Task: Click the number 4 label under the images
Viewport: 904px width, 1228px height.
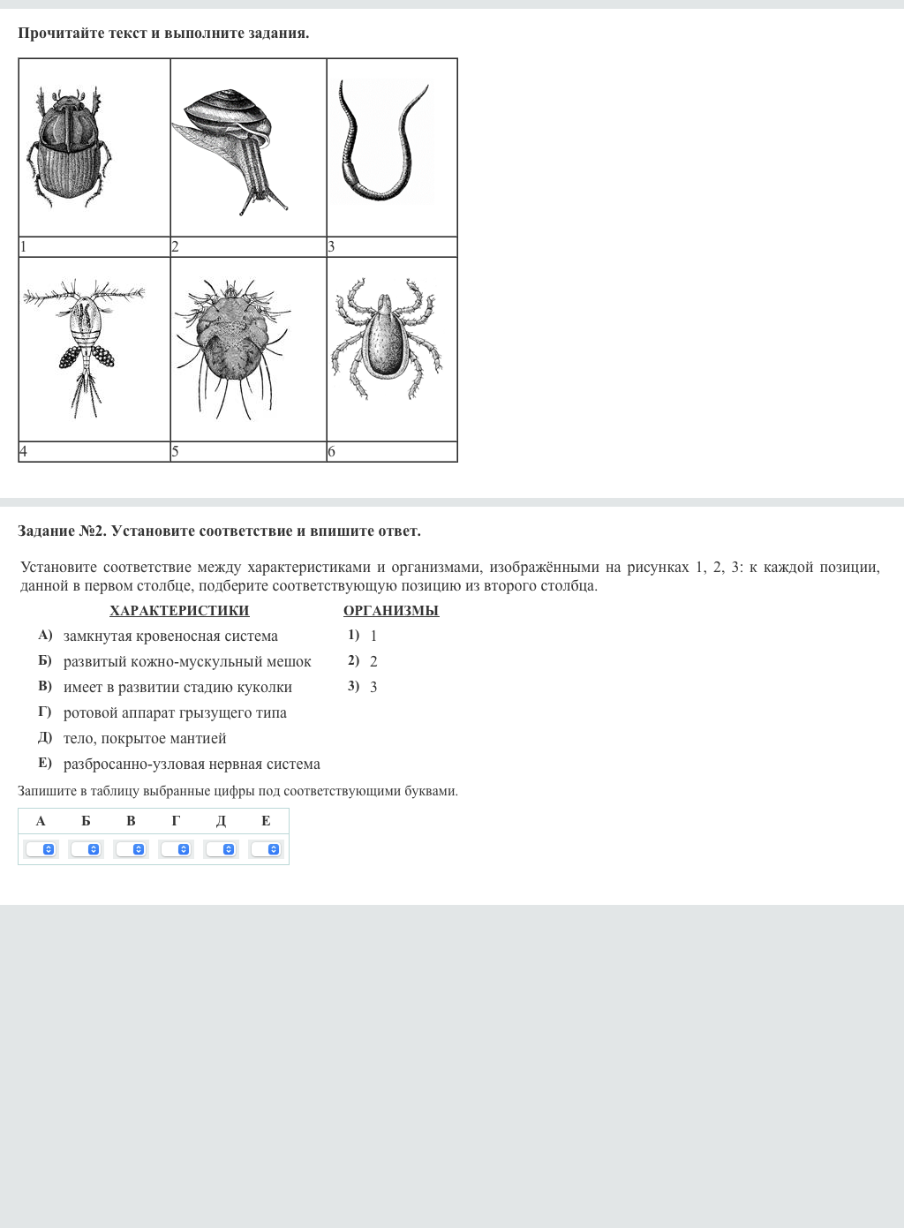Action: tap(24, 451)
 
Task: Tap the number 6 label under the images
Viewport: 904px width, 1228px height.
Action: tap(332, 451)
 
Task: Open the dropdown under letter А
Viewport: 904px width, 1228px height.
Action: tap(41, 849)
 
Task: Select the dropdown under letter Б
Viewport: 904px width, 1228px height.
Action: tap(86, 849)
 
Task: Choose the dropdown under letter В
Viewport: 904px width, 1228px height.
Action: tap(131, 849)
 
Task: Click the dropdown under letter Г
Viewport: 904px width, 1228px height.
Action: tap(176, 849)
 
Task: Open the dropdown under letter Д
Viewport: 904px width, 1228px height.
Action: tap(221, 849)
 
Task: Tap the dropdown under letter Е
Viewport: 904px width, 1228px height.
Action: tap(266, 849)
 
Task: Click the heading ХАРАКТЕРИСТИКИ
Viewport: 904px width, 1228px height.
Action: tap(179, 610)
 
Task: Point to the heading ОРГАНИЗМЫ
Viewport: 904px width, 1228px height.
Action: tap(391, 610)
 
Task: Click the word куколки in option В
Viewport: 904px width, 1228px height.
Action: tap(264, 687)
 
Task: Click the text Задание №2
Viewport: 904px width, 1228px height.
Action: tap(62, 531)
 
